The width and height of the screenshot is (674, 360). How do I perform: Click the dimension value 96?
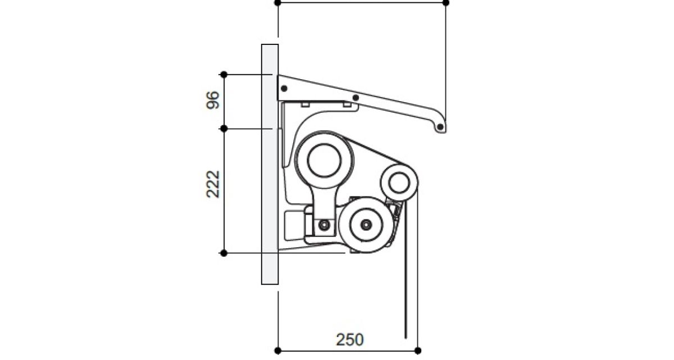point(213,100)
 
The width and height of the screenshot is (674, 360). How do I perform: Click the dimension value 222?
point(213,184)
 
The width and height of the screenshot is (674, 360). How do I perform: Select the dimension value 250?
point(349,340)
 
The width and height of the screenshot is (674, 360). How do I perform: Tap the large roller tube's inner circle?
point(325,161)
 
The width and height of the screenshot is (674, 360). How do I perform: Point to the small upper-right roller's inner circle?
point(399,183)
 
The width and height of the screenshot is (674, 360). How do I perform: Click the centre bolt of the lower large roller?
point(366,224)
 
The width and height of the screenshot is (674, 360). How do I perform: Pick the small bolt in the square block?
point(324,225)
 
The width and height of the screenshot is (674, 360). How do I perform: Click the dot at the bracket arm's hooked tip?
point(440,127)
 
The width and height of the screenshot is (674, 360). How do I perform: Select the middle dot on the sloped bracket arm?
point(356,98)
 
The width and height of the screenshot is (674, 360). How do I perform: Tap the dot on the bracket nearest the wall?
point(284,88)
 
